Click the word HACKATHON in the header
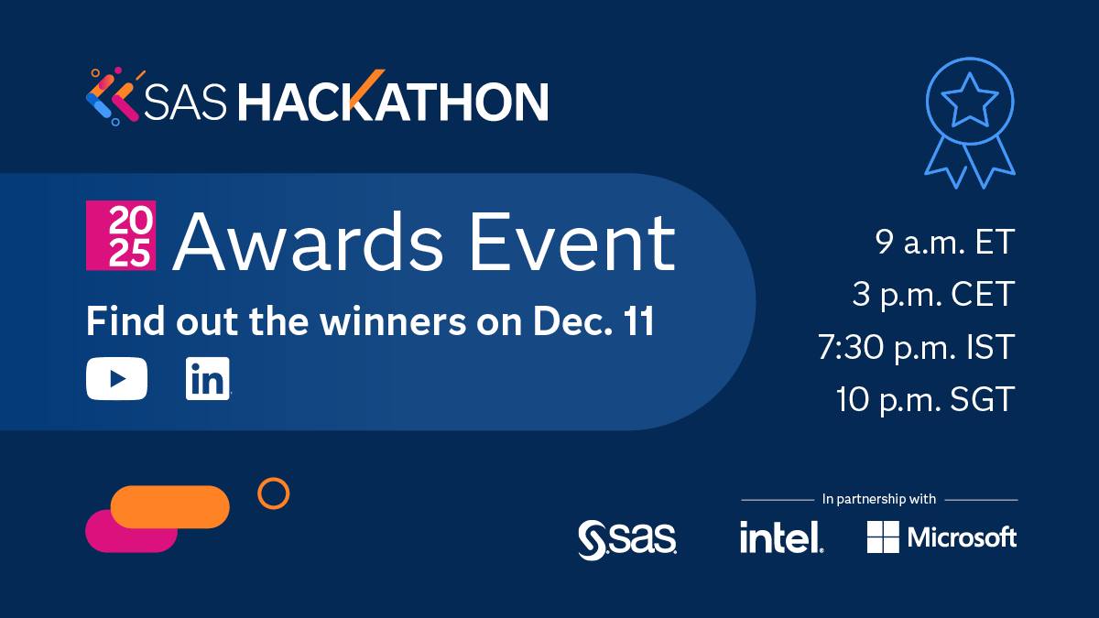[394, 101]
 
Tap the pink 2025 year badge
[121, 236]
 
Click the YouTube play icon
[116, 379]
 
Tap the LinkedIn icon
[207, 379]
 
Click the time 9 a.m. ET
[944, 244]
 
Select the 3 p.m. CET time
[933, 296]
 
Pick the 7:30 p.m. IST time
[917, 348]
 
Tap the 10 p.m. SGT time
[926, 400]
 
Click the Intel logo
[781, 537]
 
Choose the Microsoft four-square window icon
[883, 537]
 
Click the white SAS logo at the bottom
[627, 539]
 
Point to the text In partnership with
[879, 500]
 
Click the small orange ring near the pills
[273, 493]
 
